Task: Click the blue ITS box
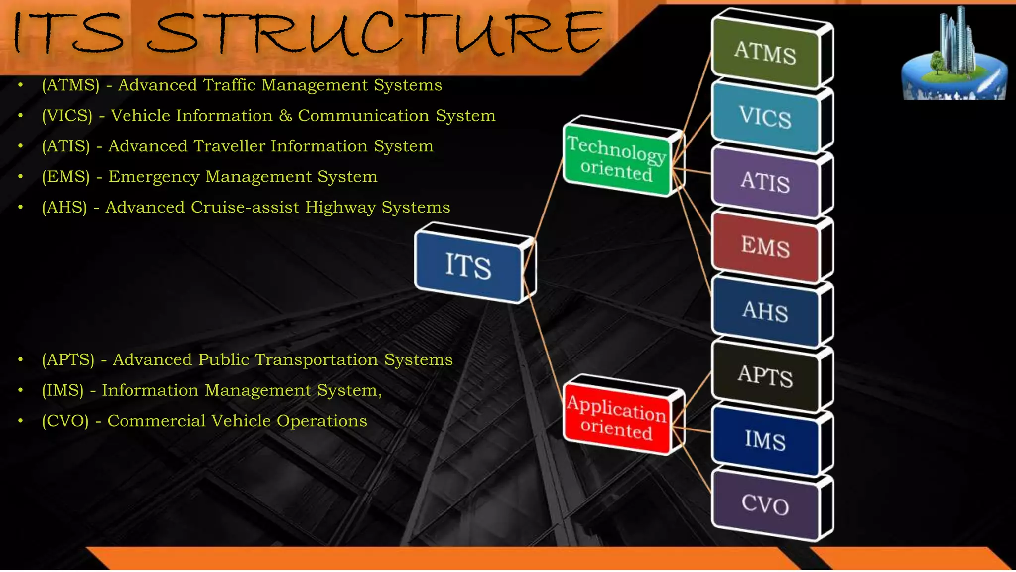[468, 266]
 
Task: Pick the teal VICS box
[765, 117]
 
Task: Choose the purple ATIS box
[765, 182]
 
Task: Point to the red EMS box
[765, 247]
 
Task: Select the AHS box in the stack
[765, 311]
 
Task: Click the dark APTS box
[765, 376]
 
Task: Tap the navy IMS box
[765, 440]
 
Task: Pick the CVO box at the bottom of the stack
[765, 505]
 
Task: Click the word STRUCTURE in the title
[375, 34]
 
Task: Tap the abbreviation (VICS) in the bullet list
[67, 116]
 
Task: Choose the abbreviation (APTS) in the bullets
[68, 359]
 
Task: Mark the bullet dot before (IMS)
[20, 390]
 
